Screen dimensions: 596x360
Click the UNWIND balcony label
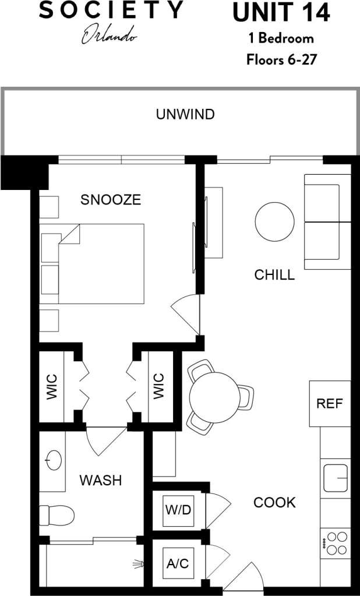(185, 115)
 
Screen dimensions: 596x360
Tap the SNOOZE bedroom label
(111, 200)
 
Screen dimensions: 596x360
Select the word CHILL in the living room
(274, 275)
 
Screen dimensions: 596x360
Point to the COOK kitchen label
(274, 502)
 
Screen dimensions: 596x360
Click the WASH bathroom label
(101, 481)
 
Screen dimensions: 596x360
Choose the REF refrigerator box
(330, 403)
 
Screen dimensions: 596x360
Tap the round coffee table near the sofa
(274, 221)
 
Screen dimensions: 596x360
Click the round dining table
(214, 397)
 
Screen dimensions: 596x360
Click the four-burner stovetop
(336, 543)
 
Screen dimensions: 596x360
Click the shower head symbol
(137, 564)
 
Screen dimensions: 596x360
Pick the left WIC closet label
(52, 386)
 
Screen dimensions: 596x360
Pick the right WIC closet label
(159, 386)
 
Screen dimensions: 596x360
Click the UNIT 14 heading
(280, 13)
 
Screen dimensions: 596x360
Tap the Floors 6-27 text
(280, 59)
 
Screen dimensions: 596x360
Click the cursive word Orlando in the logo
(110, 36)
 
